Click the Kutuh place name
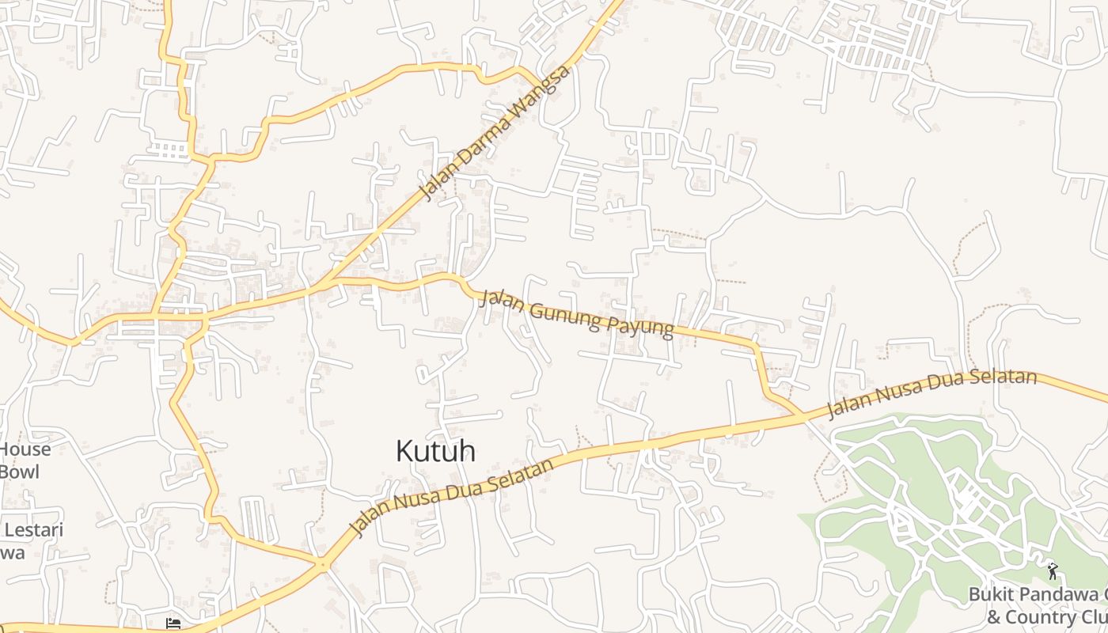pyautogui.click(x=435, y=451)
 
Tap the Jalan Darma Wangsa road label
pyautogui.click(x=495, y=133)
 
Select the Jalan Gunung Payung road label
pyautogui.click(x=577, y=313)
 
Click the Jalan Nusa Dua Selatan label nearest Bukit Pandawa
pyautogui.click(x=932, y=392)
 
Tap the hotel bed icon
pyautogui.click(x=174, y=623)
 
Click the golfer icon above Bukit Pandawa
pyautogui.click(x=1053, y=570)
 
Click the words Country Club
pyautogui.click(x=1053, y=617)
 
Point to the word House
pyautogui.click(x=25, y=449)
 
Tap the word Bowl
pyautogui.click(x=19, y=472)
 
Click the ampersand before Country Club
pyautogui.click(x=994, y=617)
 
